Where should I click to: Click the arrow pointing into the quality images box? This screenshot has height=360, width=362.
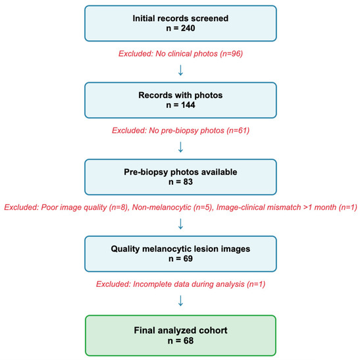pos(181,225)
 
